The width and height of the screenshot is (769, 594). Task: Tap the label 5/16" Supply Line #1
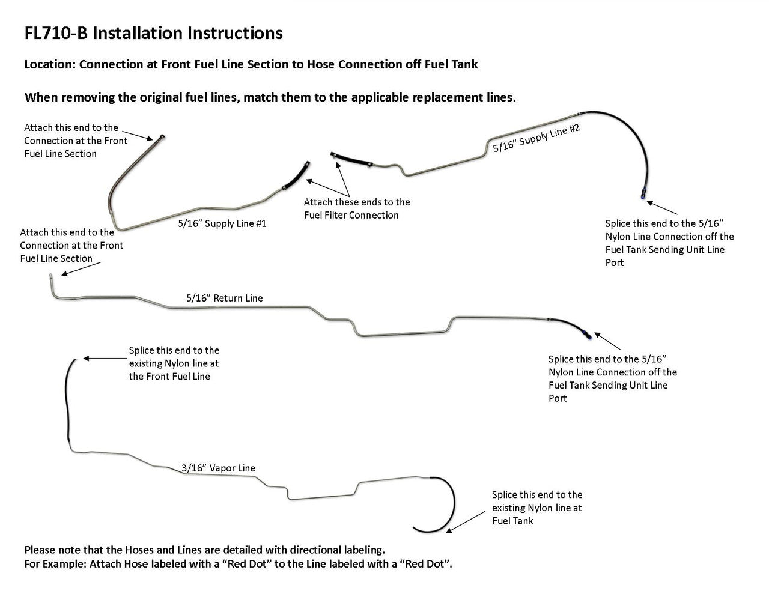[x=222, y=223]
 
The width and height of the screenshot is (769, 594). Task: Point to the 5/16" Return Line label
[x=224, y=298]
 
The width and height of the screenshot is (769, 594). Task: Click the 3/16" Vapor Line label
[x=218, y=468]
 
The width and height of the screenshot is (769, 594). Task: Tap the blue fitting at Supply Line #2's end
[x=642, y=195]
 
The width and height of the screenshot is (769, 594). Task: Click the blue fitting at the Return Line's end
[x=586, y=333]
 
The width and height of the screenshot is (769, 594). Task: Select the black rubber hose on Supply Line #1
[x=295, y=177]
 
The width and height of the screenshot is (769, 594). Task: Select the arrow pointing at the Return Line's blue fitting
[x=607, y=341]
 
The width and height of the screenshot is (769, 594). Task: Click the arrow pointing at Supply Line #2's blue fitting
[x=662, y=208]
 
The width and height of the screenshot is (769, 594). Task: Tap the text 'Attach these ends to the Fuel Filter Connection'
[x=356, y=209]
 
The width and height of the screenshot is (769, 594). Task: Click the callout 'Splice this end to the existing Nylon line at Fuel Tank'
[x=536, y=508]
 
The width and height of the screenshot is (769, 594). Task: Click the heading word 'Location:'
[x=50, y=64]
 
